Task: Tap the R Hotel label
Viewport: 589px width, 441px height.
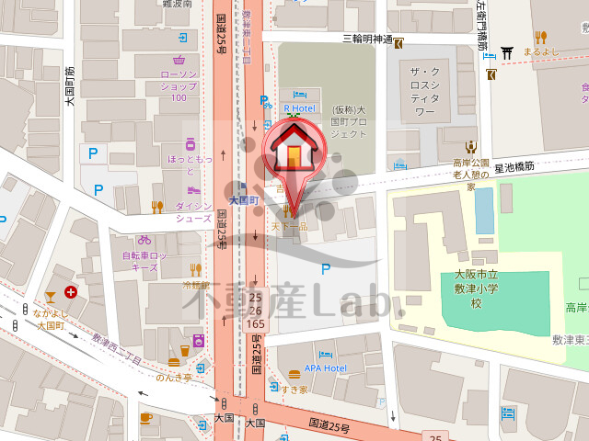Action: pos(299,107)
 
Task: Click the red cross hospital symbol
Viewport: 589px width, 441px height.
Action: pos(71,293)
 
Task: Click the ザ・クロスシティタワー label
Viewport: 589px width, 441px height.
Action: pos(424,91)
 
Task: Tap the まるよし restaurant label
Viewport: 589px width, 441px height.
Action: pos(540,51)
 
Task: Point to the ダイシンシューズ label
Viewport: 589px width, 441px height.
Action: pos(194,213)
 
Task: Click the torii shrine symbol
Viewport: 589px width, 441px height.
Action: pos(506,52)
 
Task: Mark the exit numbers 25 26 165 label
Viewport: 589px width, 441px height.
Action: pos(257,311)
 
